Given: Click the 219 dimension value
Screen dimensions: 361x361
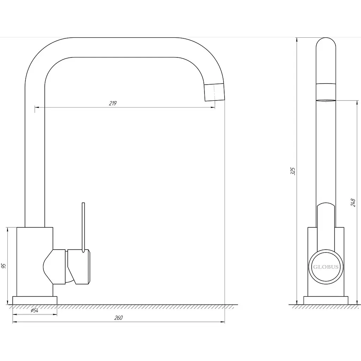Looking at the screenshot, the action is (112, 103).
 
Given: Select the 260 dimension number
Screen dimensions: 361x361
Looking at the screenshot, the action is (118, 318).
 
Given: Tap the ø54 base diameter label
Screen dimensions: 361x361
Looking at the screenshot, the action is (35, 311).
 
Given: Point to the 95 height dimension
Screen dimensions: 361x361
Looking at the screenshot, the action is (4, 266).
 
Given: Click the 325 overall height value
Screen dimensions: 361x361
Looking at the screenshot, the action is (293, 171).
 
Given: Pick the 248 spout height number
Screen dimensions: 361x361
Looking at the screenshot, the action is (353, 203).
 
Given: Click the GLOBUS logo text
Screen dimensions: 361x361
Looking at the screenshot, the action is (326, 267).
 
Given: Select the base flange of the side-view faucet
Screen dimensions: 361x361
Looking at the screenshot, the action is (326, 300).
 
